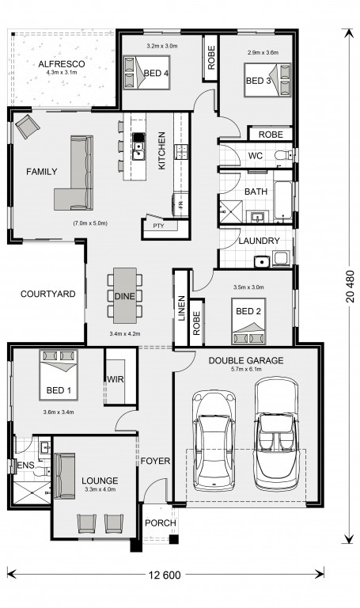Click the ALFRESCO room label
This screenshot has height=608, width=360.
click(x=62, y=64)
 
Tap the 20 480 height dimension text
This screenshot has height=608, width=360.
click(x=351, y=286)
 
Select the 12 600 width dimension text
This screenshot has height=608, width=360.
click(x=165, y=575)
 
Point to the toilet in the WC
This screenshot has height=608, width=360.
click(x=283, y=156)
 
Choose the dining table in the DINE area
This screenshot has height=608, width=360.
click(x=125, y=295)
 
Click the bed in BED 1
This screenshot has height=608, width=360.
click(x=59, y=375)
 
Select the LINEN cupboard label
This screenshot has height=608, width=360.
click(x=181, y=308)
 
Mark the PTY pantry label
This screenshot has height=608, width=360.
click(x=158, y=226)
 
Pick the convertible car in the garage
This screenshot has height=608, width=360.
click(x=277, y=434)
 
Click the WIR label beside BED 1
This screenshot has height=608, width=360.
click(x=115, y=379)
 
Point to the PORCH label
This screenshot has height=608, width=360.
click(x=161, y=522)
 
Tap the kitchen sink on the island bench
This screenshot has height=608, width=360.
click(x=138, y=146)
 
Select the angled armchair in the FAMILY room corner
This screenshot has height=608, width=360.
click(x=27, y=126)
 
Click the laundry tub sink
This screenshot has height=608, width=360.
click(x=262, y=262)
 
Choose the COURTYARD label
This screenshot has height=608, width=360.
click(x=48, y=294)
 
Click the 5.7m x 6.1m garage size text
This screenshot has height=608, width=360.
click(x=246, y=369)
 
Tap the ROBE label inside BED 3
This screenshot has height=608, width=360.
click(x=271, y=135)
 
